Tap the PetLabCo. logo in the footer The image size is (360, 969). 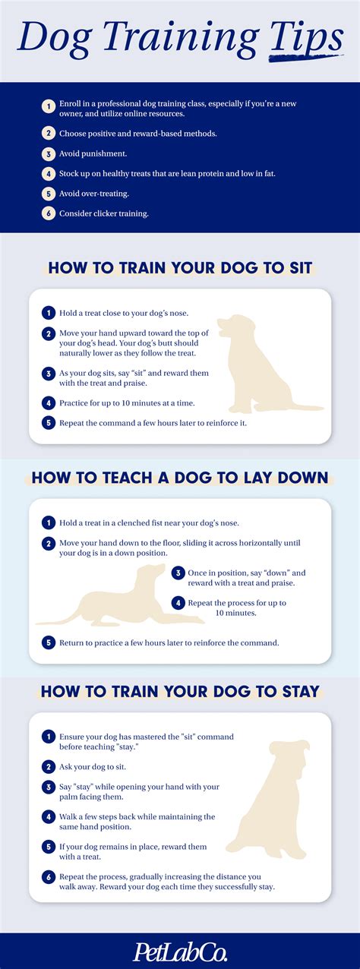coord(180,951)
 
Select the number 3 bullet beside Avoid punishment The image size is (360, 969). coord(48,154)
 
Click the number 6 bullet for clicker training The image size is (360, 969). coord(48,213)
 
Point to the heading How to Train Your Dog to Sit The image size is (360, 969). coord(180,268)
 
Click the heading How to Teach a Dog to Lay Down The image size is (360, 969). coord(180,478)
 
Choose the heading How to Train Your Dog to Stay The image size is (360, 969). coord(180,691)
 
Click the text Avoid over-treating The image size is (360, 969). coord(93,194)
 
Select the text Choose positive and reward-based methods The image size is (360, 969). coord(128,134)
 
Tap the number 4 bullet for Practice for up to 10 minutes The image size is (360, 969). coord(48,403)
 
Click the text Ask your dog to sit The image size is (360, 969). coord(93,768)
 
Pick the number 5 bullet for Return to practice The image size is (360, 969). coord(48,642)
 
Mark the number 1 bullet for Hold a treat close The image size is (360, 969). coord(48,313)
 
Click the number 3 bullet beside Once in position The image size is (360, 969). coord(178,573)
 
